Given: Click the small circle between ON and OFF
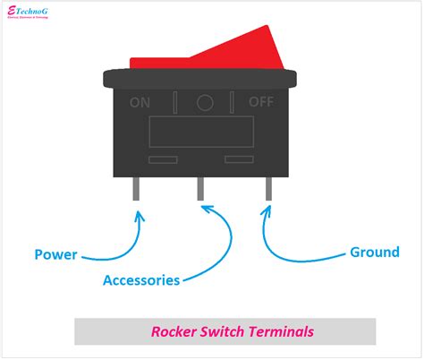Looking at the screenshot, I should point(205,102).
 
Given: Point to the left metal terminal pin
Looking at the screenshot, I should point(140,189).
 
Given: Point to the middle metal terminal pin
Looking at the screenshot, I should point(200,189).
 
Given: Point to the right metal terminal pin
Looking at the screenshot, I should point(267,189).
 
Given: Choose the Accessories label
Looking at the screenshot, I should point(141,280).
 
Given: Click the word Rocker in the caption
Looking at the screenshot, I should point(172,331).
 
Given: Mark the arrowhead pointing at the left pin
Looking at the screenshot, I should point(139,215).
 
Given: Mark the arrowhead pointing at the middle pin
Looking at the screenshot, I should point(208,210).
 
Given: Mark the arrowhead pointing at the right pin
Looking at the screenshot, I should point(266,212).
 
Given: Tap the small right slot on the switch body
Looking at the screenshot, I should point(240,159).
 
